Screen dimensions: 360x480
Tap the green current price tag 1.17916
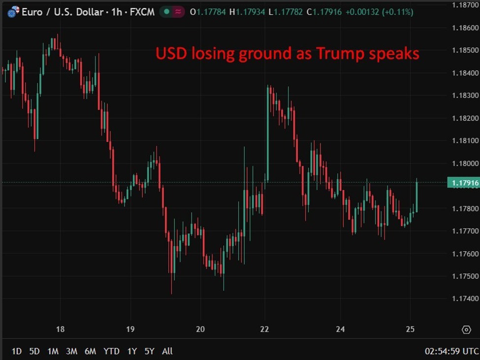(463, 183)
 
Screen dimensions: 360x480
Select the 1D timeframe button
(16, 351)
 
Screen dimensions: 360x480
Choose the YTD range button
(111, 351)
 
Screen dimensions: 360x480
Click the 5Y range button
(150, 351)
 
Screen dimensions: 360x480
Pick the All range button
(167, 351)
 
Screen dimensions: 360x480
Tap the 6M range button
(90, 351)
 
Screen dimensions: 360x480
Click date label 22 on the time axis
(265, 329)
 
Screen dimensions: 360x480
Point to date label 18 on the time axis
(61, 329)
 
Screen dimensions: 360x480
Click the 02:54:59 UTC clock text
(451, 351)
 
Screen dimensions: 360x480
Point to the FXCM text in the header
(143, 11)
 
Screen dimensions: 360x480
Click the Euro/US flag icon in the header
(13, 11)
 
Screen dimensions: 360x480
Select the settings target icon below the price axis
(466, 329)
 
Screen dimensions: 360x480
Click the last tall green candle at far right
(416, 196)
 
